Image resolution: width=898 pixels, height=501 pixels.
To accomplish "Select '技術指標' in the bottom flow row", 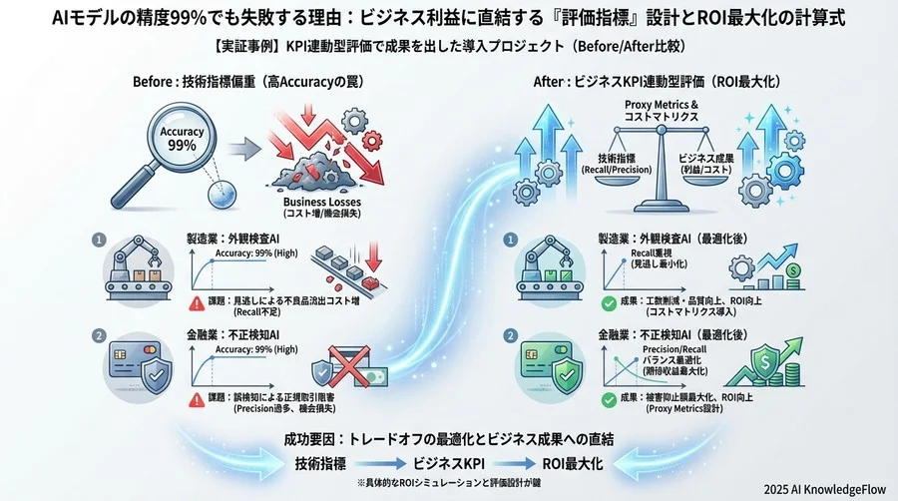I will coord(322,463).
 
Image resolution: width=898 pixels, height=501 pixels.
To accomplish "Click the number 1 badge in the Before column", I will coord(99,241).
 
